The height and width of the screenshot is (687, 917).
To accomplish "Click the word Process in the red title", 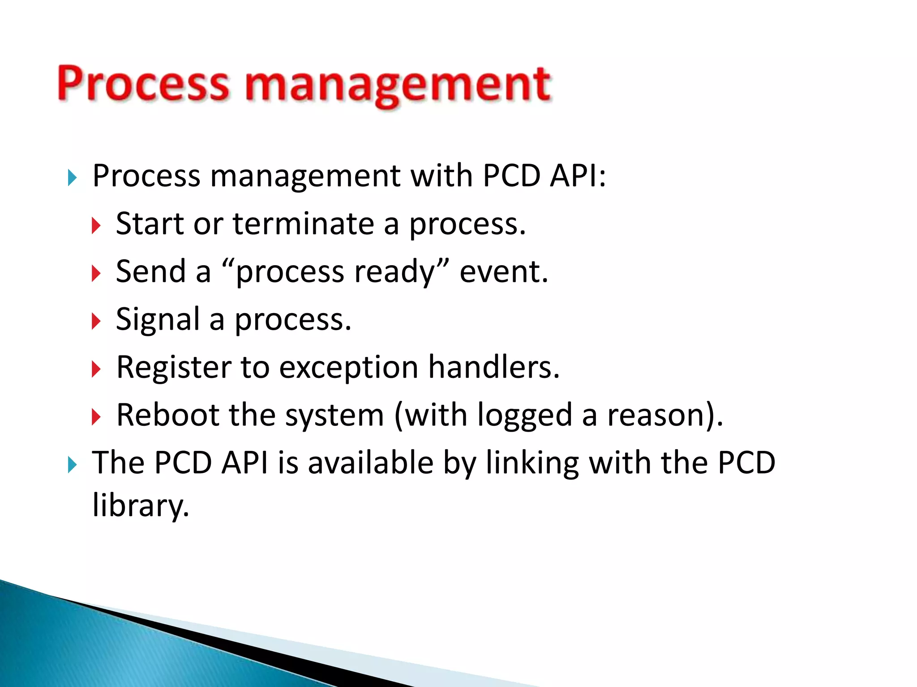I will pos(143,84).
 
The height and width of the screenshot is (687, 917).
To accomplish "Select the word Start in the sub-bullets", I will pos(150,224).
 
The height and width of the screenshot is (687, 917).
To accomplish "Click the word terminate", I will pos(303,224).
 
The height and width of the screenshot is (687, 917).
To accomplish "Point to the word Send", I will pos(151,271).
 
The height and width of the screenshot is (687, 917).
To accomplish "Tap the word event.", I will pos(503,272).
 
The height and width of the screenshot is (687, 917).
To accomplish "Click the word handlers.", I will pos(494,367).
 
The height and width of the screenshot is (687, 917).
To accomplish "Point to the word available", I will pos(371,463).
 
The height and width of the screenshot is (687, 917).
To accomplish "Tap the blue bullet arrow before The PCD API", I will pos(72,465).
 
